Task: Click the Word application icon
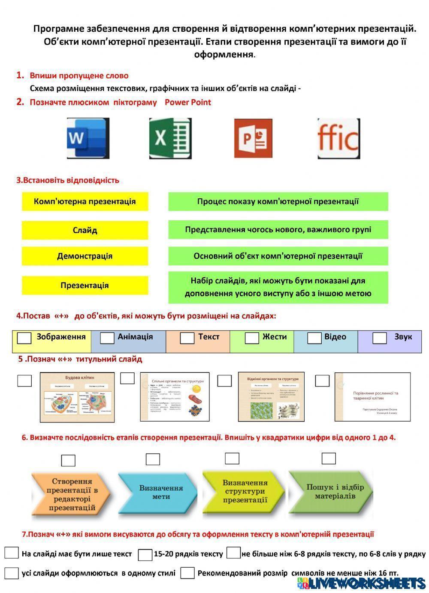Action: [x=88, y=138]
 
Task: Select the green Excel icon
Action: [x=170, y=138]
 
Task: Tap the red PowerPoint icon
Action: [x=253, y=138]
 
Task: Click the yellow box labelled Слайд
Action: [x=85, y=230]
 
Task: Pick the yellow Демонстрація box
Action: [x=85, y=256]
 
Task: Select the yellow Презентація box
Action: [x=85, y=286]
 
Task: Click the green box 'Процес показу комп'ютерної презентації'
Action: [x=278, y=201]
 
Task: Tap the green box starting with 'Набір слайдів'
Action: [x=278, y=287]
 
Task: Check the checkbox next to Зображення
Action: [x=24, y=338]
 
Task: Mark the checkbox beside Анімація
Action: [x=107, y=338]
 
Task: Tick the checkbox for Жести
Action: [x=251, y=338]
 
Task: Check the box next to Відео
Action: [x=314, y=338]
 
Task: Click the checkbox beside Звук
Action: [x=379, y=338]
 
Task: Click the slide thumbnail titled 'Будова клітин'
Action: [x=77, y=397]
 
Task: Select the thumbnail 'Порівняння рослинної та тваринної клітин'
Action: [x=378, y=397]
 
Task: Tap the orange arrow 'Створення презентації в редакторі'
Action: [x=71, y=495]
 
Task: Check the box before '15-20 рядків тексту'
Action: [x=145, y=555]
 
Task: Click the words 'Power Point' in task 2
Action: [x=188, y=102]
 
